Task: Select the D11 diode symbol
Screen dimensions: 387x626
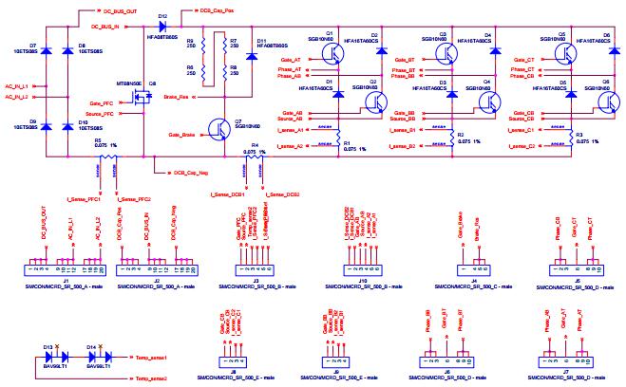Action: pyautogui.click(x=249, y=55)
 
